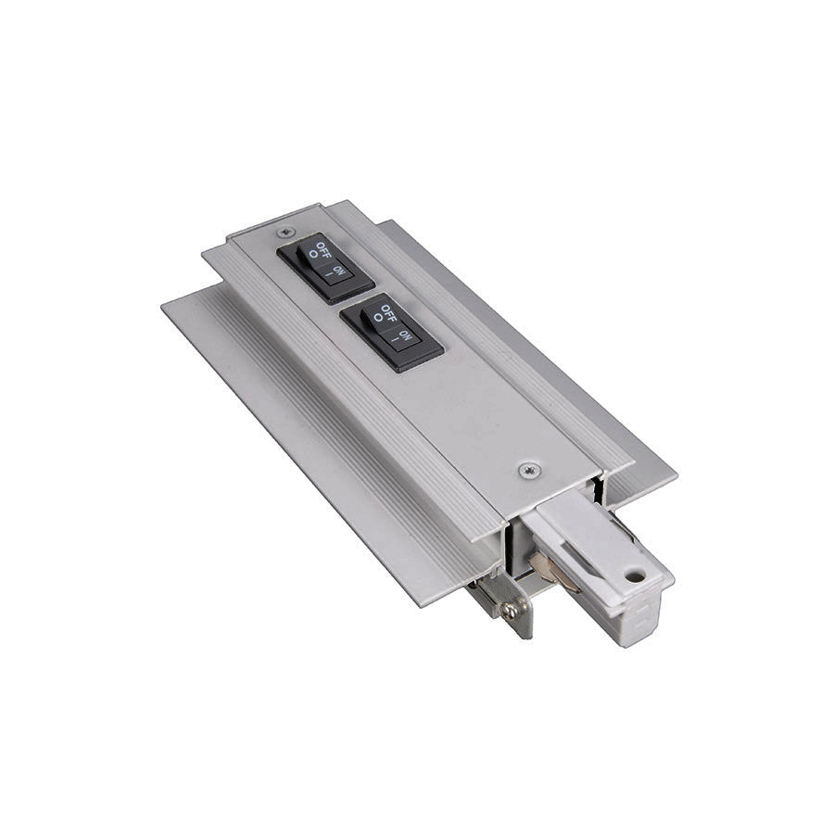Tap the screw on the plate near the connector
click(528, 470)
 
